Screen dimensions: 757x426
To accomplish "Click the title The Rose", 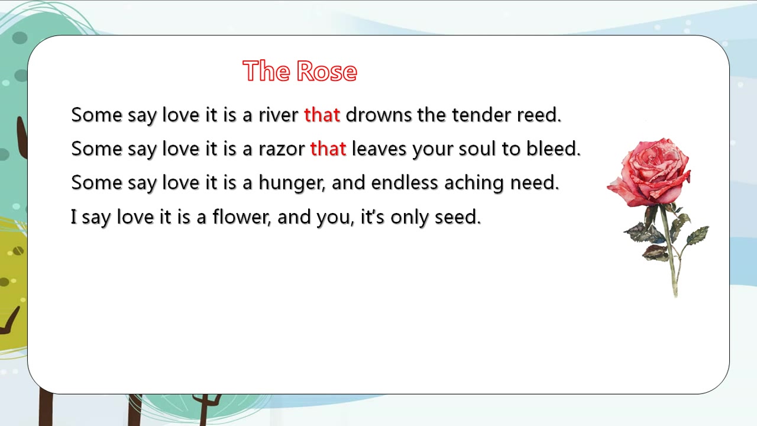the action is click(x=300, y=70).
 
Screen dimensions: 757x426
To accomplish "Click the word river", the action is click(x=279, y=115).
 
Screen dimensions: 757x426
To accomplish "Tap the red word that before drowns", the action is click(x=322, y=115).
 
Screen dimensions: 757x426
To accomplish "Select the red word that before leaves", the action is click(x=328, y=149).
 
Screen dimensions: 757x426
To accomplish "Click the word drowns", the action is click(x=378, y=115).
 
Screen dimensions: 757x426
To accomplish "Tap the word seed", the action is click(x=458, y=217).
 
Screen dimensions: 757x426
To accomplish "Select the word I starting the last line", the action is click(x=74, y=217).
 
